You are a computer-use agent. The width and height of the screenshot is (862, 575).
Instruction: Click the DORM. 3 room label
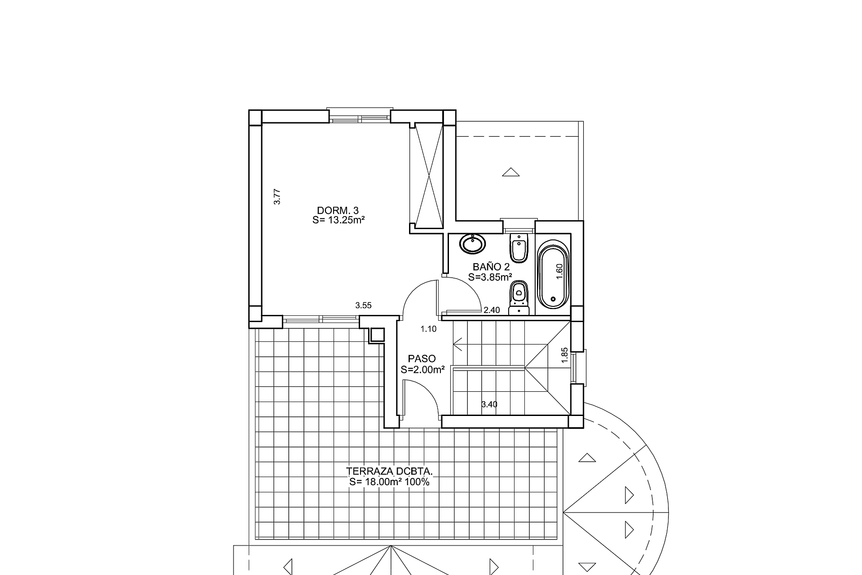click(338, 210)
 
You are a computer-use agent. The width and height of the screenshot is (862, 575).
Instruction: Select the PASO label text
click(422, 359)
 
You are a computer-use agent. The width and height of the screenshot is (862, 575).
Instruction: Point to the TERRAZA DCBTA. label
click(390, 472)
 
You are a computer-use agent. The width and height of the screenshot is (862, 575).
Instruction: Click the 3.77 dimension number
click(277, 197)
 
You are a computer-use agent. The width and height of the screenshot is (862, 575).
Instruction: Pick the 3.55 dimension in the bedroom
click(363, 305)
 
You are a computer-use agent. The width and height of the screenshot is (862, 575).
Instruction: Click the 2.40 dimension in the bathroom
click(492, 310)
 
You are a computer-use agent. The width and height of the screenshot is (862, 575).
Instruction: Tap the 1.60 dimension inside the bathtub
click(559, 272)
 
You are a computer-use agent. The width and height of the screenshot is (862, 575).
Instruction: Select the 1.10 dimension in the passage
click(428, 329)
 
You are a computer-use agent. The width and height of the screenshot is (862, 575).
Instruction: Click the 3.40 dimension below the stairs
click(489, 404)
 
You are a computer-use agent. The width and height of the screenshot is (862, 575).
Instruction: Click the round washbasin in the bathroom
click(473, 244)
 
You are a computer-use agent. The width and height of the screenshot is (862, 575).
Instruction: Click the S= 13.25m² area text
click(338, 220)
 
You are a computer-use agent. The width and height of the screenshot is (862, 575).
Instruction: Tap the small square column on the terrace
click(377, 335)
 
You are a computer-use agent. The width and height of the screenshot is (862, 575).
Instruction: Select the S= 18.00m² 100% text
click(390, 482)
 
